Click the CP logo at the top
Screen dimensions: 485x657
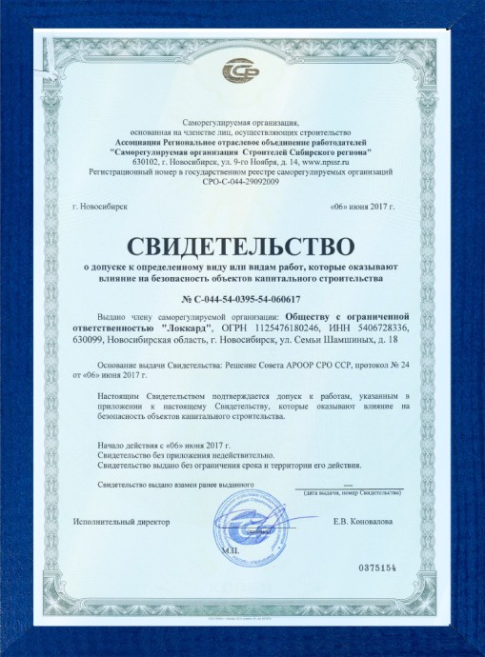point(241,71)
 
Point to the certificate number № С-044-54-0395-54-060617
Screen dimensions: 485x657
point(242,298)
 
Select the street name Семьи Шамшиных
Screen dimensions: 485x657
point(344,339)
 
